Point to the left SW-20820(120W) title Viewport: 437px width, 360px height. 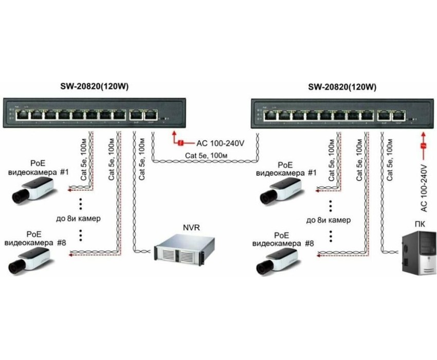(93, 87)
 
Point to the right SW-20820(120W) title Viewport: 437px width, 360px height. (337, 87)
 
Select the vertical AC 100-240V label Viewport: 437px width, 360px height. (424, 187)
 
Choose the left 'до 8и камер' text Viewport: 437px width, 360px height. (78, 219)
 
